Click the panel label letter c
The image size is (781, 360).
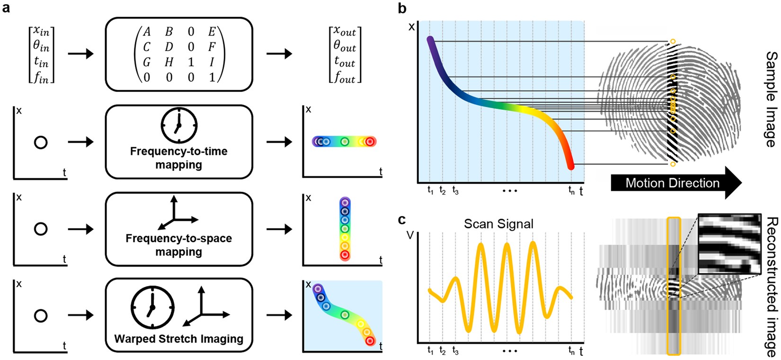tap(402, 220)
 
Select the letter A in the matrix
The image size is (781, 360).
tap(147, 32)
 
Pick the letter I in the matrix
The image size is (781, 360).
tap(212, 62)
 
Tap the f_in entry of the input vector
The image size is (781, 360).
tap(41, 78)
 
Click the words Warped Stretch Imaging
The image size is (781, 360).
tap(178, 339)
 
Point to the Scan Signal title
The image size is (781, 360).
tap(498, 224)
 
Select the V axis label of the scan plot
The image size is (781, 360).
tap(411, 234)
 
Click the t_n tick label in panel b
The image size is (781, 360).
tap(572, 191)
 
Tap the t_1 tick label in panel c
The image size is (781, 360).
tap(430, 351)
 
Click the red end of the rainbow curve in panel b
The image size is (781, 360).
tap(570, 164)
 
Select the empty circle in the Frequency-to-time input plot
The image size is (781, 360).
tap(41, 142)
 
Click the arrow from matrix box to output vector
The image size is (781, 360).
tap(279, 53)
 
